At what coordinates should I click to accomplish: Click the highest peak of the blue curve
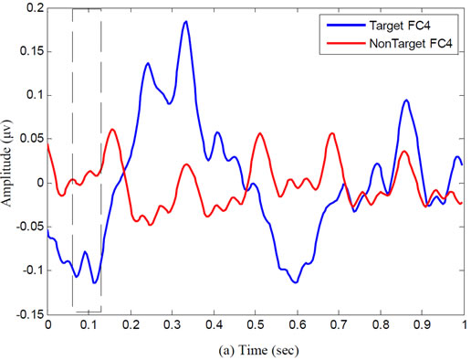point(185,21)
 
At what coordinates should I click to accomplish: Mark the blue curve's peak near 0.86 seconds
point(406,101)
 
